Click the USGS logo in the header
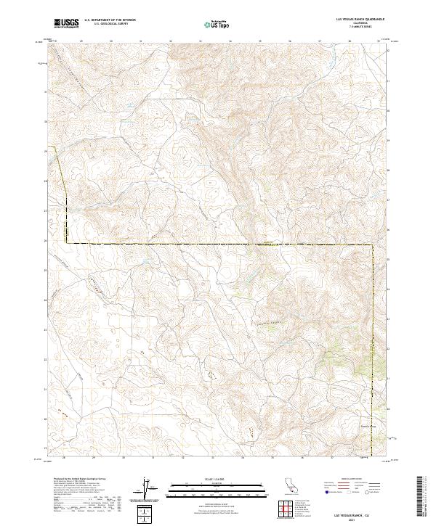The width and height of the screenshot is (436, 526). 67,24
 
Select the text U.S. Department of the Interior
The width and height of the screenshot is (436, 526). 110,20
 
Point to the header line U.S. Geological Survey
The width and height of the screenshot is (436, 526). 110,25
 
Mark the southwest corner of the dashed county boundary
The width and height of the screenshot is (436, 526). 65,242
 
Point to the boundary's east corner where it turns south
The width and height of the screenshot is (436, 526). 374,247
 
